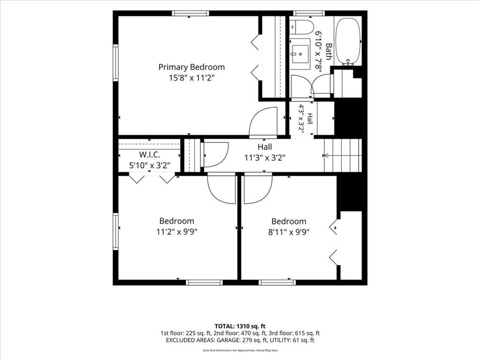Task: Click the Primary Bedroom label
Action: click(192, 67)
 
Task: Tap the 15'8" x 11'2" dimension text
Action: click(192, 78)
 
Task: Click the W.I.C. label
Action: click(150, 154)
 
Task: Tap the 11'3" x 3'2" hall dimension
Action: click(265, 157)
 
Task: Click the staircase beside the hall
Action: click(343, 156)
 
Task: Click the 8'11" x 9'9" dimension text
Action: click(289, 232)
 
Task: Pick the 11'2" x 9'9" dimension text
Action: click(177, 232)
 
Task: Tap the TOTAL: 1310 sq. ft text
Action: click(240, 326)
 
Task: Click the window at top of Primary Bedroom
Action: click(190, 13)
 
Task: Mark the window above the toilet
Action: click(308, 13)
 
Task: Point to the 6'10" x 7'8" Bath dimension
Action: click(319, 52)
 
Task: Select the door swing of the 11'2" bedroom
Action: click(222, 188)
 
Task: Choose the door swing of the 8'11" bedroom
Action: click(258, 188)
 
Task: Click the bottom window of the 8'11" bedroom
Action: click(277, 282)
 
